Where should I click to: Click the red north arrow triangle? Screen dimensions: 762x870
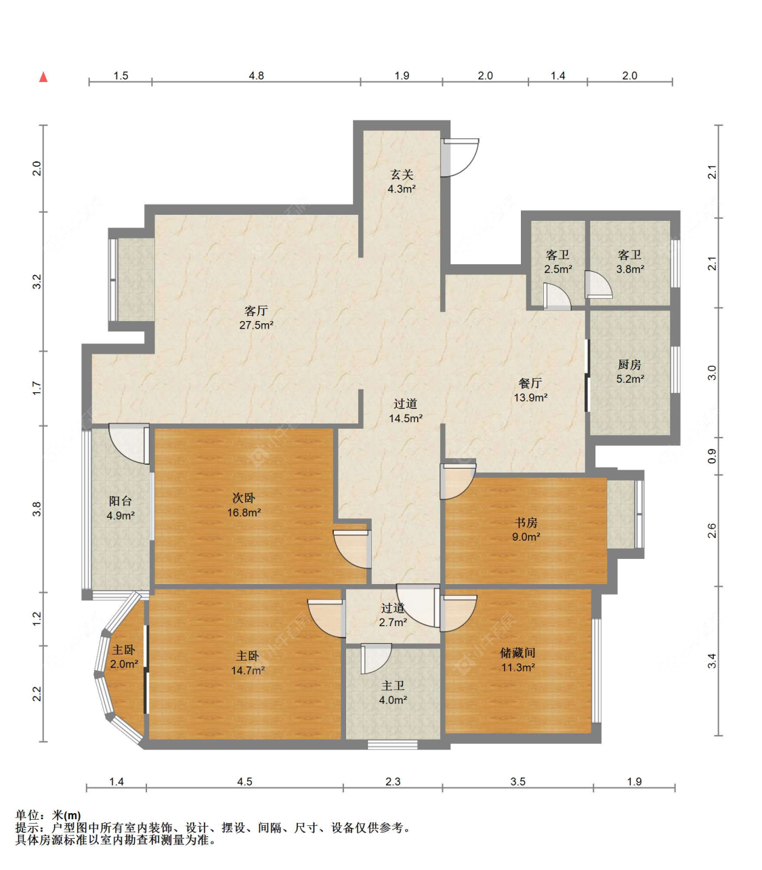[x=43, y=77]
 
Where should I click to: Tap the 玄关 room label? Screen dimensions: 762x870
[x=402, y=174]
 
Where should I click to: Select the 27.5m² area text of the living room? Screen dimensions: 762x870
[x=256, y=325]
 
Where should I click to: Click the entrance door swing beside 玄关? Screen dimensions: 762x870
[x=460, y=157]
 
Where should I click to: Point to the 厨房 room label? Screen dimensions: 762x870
[x=629, y=365]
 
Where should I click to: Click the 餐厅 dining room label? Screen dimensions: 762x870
[x=530, y=383]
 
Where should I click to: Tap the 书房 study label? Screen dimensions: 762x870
[x=526, y=522]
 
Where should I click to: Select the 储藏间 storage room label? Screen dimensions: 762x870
[x=517, y=653]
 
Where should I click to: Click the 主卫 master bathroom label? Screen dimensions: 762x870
[x=393, y=686]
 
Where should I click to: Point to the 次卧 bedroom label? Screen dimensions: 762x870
[x=244, y=498]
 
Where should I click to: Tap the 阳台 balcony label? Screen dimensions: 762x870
[x=120, y=501]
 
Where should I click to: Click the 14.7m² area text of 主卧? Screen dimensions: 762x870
[x=248, y=670]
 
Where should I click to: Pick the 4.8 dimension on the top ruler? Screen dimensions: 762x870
[x=256, y=76]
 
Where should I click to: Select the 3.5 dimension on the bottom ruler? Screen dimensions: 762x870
[x=517, y=781]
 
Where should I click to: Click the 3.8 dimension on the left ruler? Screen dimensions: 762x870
[x=37, y=509]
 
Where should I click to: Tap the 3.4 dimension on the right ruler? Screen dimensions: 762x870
[x=712, y=661]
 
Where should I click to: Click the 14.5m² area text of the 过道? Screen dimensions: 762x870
[x=406, y=418]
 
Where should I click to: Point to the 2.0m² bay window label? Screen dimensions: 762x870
[x=124, y=664]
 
